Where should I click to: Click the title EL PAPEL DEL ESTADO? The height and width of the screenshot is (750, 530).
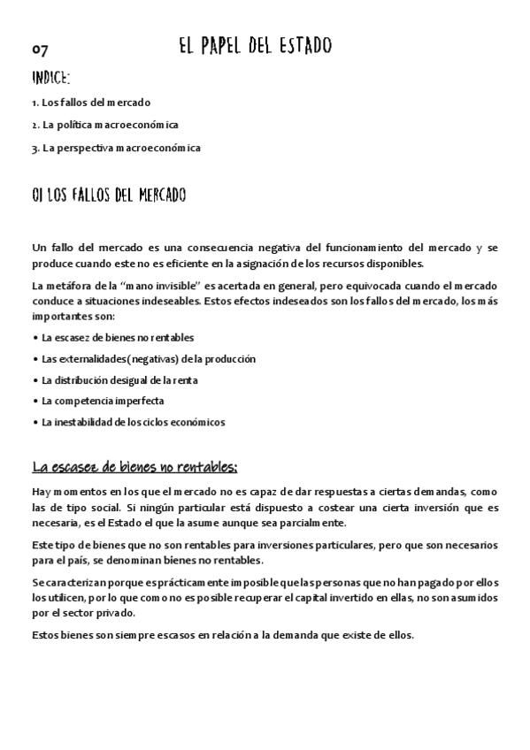coord(255,46)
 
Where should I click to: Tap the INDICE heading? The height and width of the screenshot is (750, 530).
coord(50,79)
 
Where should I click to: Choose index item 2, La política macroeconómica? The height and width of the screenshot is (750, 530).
coord(110,125)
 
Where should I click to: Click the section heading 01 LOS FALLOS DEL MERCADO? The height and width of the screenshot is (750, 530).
coord(108,195)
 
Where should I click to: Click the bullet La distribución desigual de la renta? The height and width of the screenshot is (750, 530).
coord(119,379)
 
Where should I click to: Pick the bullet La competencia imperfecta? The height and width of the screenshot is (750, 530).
coord(103,401)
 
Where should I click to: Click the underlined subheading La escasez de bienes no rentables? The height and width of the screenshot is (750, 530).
coord(134,466)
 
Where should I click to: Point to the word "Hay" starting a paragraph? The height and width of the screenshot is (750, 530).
coord(40,491)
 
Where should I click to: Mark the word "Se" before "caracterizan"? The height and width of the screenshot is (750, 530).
coord(37,582)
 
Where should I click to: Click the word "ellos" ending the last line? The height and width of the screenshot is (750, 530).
coord(400,635)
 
